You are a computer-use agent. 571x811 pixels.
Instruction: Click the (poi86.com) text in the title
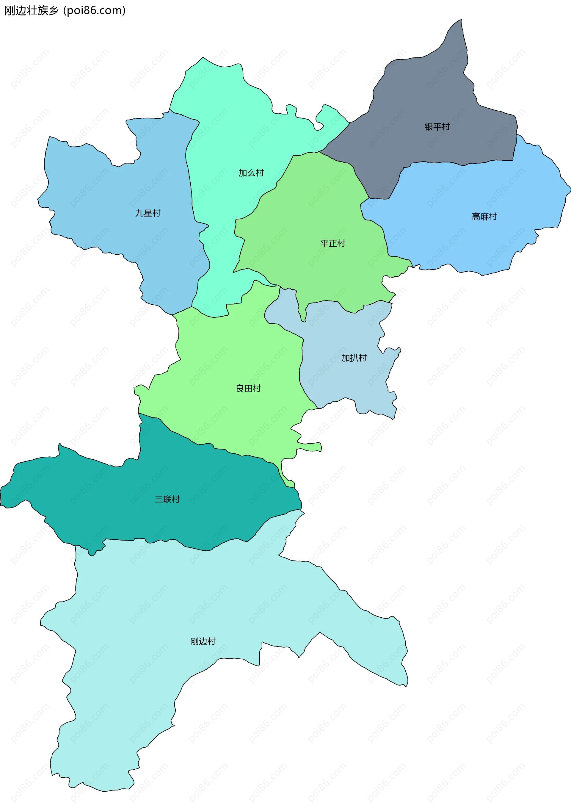point(94,11)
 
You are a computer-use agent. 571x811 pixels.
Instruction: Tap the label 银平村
point(437,126)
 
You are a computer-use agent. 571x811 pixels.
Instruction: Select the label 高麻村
point(484,217)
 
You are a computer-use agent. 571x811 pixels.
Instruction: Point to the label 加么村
point(251,173)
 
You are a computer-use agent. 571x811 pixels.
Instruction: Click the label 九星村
point(148,213)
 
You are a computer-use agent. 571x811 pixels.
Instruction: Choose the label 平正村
point(332,243)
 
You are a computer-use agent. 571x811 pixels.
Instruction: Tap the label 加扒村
point(354,358)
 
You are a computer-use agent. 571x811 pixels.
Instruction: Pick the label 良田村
point(248,389)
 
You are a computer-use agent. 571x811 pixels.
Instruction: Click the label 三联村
point(167,499)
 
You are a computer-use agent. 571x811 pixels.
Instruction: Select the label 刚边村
point(203,641)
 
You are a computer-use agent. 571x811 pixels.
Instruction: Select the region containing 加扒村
point(346,381)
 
